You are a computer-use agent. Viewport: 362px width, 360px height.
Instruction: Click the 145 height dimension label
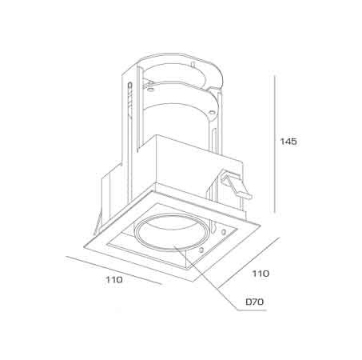(x=288, y=142)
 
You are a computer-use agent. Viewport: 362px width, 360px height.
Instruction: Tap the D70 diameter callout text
(x=255, y=302)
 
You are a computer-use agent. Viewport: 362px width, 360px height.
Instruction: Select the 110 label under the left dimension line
(x=114, y=280)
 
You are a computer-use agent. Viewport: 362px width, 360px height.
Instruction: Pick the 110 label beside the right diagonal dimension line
(x=261, y=274)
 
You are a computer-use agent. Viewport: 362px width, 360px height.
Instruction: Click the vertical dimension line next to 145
(x=275, y=144)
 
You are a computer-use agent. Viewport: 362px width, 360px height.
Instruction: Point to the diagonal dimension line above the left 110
(x=113, y=270)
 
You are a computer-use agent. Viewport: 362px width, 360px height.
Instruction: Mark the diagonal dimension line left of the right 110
(x=249, y=262)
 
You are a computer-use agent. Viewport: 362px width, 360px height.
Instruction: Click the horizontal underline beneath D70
(x=252, y=310)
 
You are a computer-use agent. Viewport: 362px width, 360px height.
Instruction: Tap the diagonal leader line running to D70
(x=205, y=278)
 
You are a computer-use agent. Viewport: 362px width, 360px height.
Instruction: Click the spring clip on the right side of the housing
(x=236, y=186)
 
